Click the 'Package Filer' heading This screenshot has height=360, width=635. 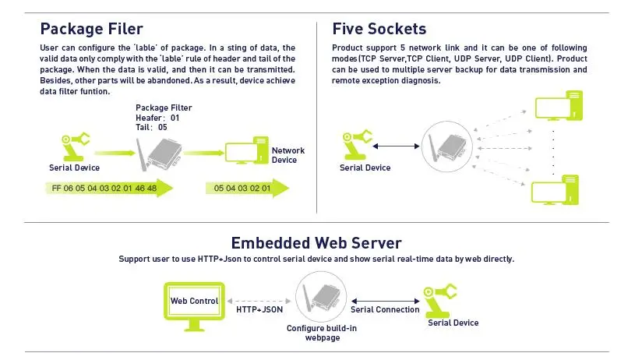pyautogui.click(x=91, y=29)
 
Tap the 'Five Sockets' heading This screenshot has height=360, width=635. pyautogui.click(x=379, y=29)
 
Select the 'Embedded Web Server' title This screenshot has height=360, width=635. pyautogui.click(x=316, y=243)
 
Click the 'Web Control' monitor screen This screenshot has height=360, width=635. pyautogui.click(x=194, y=301)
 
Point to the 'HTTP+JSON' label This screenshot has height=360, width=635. pyautogui.click(x=259, y=309)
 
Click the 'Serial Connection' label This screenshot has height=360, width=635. pyautogui.click(x=385, y=309)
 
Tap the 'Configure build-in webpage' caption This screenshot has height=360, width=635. pyautogui.click(x=322, y=333)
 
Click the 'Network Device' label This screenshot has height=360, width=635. pyautogui.click(x=288, y=155)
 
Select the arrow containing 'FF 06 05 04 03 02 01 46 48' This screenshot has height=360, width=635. pyautogui.click(x=109, y=188)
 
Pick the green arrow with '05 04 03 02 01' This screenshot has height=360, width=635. pyautogui.click(x=247, y=188)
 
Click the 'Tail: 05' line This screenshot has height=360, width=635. pyautogui.click(x=151, y=127)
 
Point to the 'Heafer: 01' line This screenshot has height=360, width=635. pyautogui.click(x=157, y=118)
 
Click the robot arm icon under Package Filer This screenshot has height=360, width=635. pyautogui.click(x=74, y=146)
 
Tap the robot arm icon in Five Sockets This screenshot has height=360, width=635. pyautogui.click(x=357, y=145)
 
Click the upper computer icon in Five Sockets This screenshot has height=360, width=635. pyautogui.click(x=559, y=106)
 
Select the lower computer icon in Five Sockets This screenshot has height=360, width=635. pyautogui.click(x=555, y=190)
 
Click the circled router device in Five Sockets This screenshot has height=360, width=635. pyautogui.click(x=447, y=146)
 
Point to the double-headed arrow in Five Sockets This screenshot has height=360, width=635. pyautogui.click(x=396, y=146)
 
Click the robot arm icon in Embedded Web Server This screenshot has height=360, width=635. pyautogui.click(x=439, y=301)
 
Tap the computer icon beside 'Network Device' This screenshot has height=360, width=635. pyautogui.click(x=247, y=150)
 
